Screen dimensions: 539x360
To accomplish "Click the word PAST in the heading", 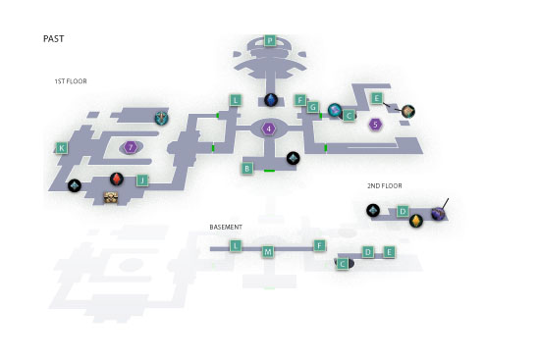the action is click(x=53, y=39).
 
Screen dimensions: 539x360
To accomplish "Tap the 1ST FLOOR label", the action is click(x=71, y=81).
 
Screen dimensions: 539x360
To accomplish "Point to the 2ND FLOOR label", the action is click(x=384, y=185).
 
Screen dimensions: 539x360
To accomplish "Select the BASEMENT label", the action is click(x=226, y=227).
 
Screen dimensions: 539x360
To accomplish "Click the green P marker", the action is click(x=270, y=41).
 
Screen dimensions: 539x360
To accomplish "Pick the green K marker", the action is click(x=62, y=148).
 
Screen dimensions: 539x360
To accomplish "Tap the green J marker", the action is click(x=142, y=180).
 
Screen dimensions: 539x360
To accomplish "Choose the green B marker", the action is click(x=246, y=169).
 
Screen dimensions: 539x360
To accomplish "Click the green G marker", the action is click(x=312, y=107).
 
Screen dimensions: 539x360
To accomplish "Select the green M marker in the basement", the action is click(x=268, y=252).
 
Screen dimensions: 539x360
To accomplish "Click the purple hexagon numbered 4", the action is click(x=269, y=129).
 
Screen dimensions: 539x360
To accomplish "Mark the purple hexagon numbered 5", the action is click(x=376, y=125).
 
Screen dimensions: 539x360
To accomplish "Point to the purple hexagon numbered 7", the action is click(x=131, y=147).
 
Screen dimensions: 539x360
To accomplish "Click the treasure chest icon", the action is click(x=111, y=197).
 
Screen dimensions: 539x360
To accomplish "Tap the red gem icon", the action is click(x=117, y=179).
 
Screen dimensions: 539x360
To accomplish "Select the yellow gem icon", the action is click(x=416, y=221).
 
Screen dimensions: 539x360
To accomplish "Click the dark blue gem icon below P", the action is click(x=271, y=100).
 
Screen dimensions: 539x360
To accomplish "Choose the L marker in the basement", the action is click(x=236, y=246).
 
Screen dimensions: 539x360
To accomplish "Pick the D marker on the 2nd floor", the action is click(x=403, y=211).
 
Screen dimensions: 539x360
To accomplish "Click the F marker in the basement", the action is click(x=319, y=245).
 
